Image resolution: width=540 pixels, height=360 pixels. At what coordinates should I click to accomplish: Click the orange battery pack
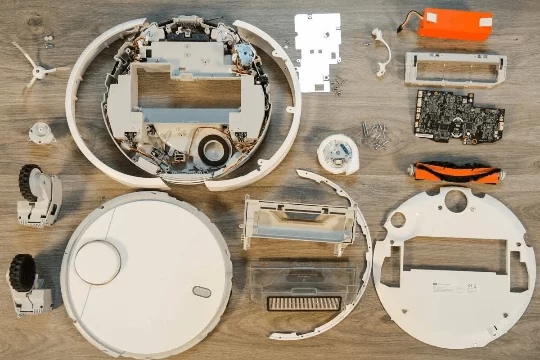[x=454, y=23]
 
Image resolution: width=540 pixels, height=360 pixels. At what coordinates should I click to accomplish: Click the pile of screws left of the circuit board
[x=375, y=133]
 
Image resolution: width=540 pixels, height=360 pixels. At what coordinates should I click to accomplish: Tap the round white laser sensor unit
[x=338, y=154]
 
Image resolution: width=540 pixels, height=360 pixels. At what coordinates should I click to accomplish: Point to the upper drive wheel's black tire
[x=26, y=181]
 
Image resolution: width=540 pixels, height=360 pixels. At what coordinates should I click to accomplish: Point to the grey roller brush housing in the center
[x=299, y=221]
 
